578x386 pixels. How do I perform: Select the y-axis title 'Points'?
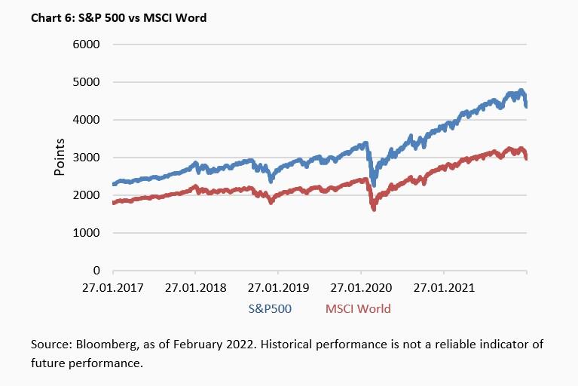click(x=60, y=157)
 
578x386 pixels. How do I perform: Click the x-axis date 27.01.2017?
click(x=113, y=287)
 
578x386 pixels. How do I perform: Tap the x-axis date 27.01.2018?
click(x=195, y=287)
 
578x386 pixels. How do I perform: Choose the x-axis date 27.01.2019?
click(x=278, y=287)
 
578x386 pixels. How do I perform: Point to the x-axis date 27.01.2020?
click(x=361, y=287)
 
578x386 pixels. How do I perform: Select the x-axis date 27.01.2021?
click(x=444, y=287)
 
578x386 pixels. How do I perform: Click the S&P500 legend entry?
click(x=270, y=308)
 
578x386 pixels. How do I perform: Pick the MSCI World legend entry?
click(x=358, y=308)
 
